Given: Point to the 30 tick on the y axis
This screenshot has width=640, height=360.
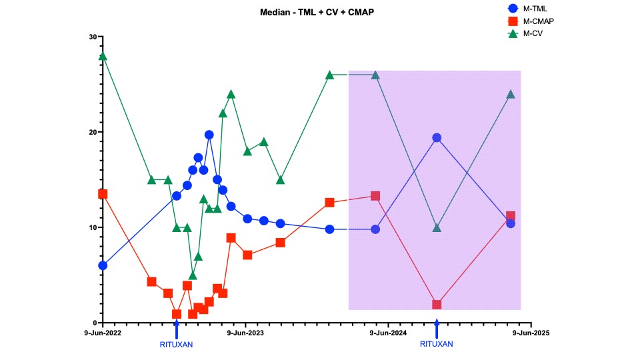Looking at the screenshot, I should (x=93, y=37).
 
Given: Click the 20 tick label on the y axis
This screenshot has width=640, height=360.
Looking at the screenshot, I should (x=93, y=132).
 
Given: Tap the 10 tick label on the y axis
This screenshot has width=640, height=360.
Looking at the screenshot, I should (x=93, y=227).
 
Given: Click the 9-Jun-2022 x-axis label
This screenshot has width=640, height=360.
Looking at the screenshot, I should (x=102, y=332).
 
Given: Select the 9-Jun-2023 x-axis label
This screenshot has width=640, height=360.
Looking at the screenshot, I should (x=246, y=332).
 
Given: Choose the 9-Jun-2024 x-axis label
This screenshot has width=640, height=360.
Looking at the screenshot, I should (x=388, y=332).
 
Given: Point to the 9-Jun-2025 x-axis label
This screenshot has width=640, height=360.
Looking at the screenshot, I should (x=531, y=332).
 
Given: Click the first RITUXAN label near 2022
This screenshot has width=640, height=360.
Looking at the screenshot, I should (x=176, y=345).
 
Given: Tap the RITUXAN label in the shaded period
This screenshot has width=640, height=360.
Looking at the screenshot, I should (x=437, y=345).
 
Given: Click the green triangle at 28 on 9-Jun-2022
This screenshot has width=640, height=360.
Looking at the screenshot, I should (x=103, y=56).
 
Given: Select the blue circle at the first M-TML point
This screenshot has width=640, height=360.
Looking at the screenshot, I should (x=103, y=265).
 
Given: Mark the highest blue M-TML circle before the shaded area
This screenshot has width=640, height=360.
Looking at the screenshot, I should (x=209, y=135).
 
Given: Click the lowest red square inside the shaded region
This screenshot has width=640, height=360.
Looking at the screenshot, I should (x=437, y=305).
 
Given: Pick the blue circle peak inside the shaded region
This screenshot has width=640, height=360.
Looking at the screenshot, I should (x=437, y=137).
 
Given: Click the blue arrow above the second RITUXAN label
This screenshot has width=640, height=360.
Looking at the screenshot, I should (x=437, y=329).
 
